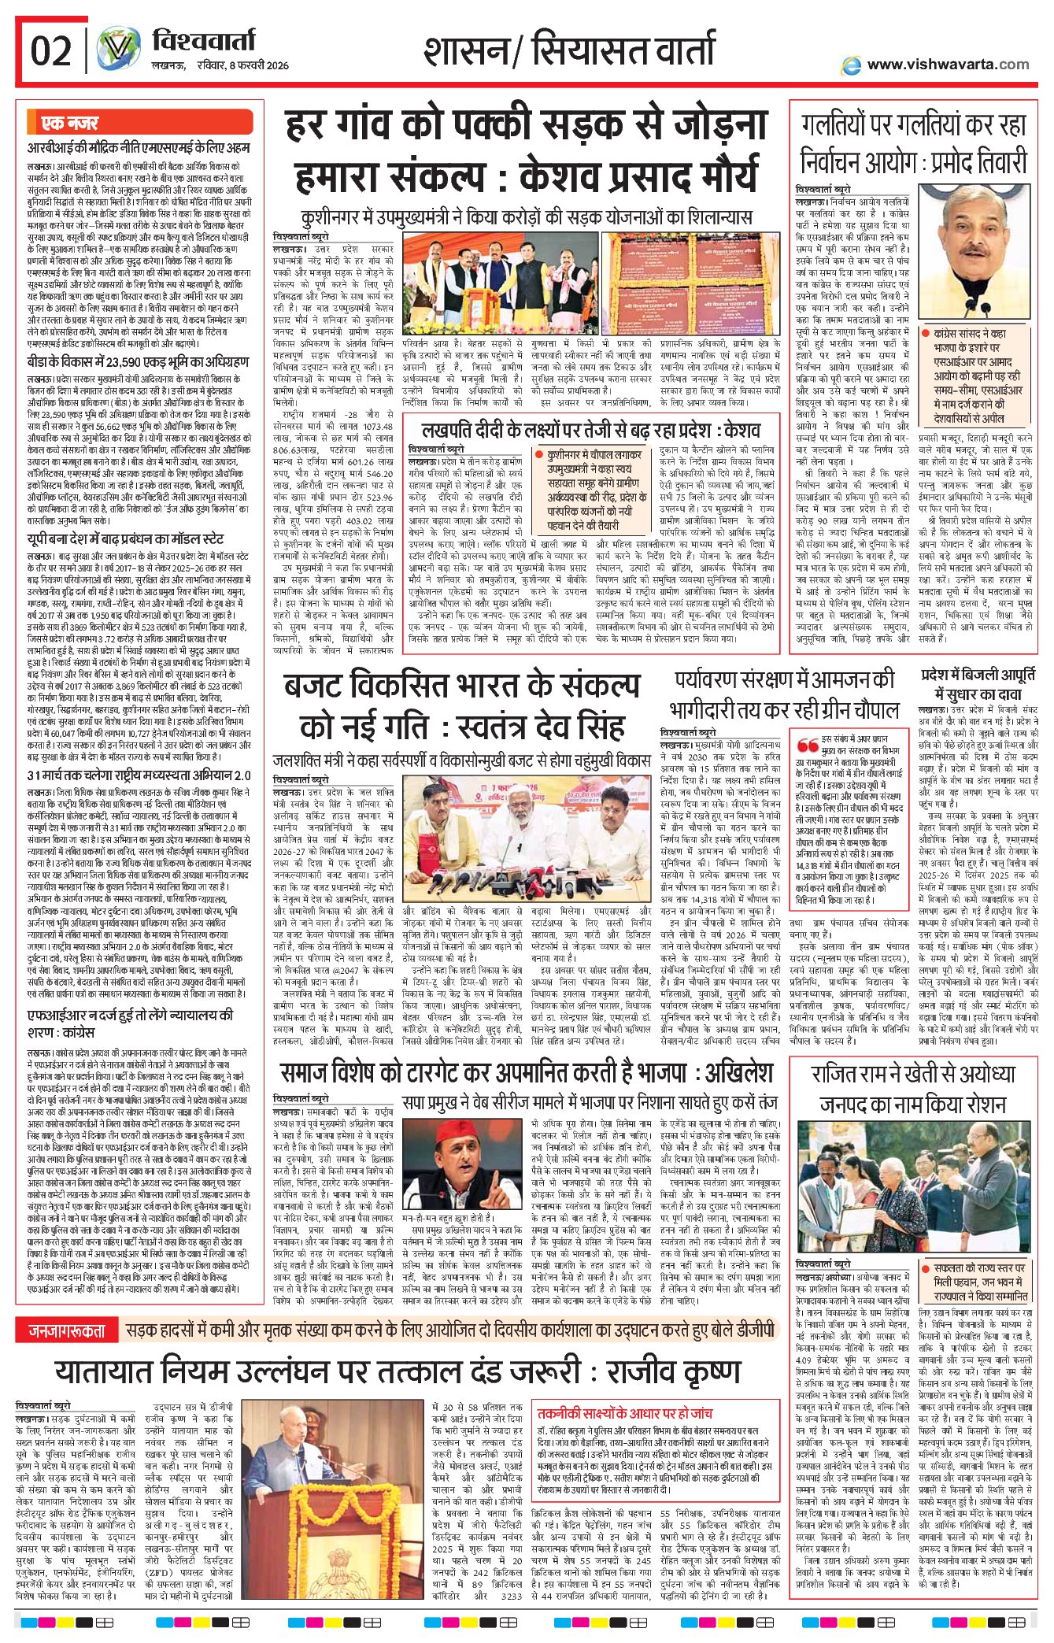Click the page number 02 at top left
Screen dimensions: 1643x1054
[51, 51]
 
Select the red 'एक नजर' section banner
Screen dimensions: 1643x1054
[71, 124]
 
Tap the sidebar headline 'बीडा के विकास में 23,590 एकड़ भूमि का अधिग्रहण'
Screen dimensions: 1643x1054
[138, 362]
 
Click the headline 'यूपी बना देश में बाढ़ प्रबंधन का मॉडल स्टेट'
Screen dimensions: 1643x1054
[125, 539]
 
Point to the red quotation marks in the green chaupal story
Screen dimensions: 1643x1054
[807, 746]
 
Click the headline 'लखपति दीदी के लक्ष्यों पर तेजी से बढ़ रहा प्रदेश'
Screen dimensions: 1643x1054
[591, 431]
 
